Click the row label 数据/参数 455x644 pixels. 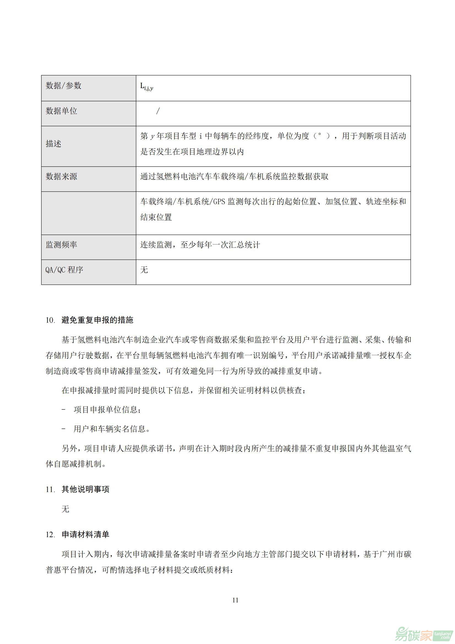pyautogui.click(x=63, y=86)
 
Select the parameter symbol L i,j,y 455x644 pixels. pyautogui.click(x=146, y=87)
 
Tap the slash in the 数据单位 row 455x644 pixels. pyautogui.click(x=158, y=111)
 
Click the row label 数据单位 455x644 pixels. pyautogui.click(x=61, y=111)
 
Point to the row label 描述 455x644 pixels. pyautogui.click(x=53, y=144)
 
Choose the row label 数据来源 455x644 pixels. pyautogui.click(x=61, y=176)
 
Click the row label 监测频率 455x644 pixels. pyautogui.click(x=61, y=245)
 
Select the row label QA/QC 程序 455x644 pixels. pyautogui.click(x=64, y=270)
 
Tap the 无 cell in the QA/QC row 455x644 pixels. pyautogui.click(x=144, y=270)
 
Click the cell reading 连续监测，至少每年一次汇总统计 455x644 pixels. pyautogui.click(x=200, y=245)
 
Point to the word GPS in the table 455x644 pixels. pyautogui.click(x=219, y=201)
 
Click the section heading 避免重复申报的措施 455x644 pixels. pyautogui.click(x=97, y=320)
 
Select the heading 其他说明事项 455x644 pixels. pyautogui.click(x=86, y=490)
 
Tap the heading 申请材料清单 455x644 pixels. pyautogui.click(x=86, y=535)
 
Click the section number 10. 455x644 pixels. pyautogui.click(x=50, y=320)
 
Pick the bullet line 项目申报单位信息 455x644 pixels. pyautogui.click(x=107, y=410)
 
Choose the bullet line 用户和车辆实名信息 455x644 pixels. pyautogui.click(x=111, y=429)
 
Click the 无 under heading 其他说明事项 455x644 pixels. pyautogui.click(x=65, y=509)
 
